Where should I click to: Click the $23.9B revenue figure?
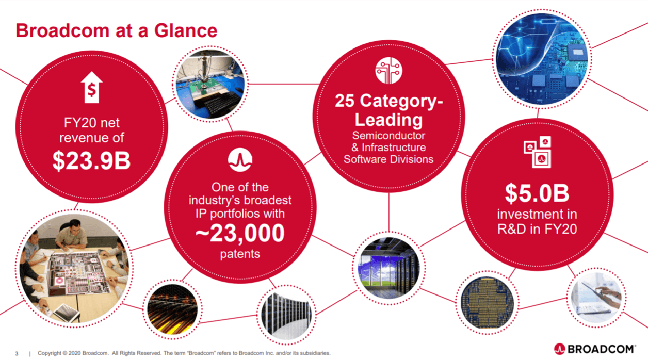(91, 161)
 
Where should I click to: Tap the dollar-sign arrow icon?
(92, 87)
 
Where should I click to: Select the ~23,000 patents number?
(240, 233)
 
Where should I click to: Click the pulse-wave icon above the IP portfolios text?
(240, 160)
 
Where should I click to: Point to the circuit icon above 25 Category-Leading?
(388, 71)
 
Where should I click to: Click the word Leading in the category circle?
(388, 120)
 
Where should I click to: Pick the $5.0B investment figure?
(537, 193)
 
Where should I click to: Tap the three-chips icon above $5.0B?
(538, 152)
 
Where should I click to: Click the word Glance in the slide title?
(186, 30)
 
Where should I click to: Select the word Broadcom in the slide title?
(62, 30)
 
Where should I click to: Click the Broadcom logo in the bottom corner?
(595, 349)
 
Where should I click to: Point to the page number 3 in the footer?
(17, 353)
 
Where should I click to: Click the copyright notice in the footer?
(184, 353)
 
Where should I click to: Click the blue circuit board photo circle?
(542, 59)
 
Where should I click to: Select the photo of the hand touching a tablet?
(596, 298)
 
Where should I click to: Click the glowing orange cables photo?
(172, 309)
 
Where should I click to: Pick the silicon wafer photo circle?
(487, 303)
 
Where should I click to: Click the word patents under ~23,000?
(240, 254)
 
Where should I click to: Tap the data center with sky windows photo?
(389, 268)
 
